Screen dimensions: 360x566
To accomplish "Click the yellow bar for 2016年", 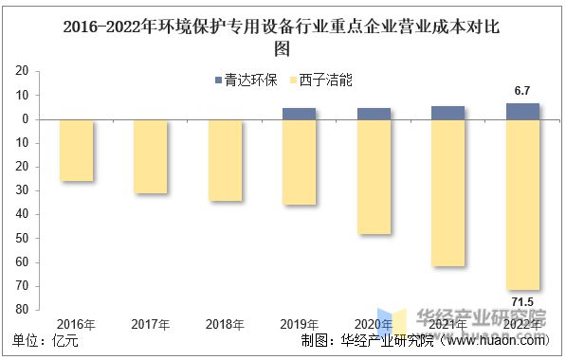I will [77, 150].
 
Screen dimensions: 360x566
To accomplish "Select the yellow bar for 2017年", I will [151, 156].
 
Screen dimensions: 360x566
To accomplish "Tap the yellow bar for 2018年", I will [225, 160].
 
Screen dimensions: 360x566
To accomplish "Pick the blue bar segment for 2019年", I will [300, 114].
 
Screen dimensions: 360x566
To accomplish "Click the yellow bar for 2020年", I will [374, 177].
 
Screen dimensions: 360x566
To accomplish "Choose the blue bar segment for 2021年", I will [447, 113].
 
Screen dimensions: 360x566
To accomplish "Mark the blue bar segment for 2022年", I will [522, 111].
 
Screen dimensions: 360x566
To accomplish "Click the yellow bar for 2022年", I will [522, 205].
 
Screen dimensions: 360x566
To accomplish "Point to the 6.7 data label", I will [522, 90].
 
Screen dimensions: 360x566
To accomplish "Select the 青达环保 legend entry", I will [246, 81].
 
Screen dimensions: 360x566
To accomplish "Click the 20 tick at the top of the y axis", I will [20, 72].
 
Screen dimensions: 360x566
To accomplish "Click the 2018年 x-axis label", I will [226, 324].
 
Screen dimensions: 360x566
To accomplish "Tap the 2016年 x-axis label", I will [77, 324].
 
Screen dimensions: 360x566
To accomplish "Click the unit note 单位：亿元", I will [46, 341].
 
